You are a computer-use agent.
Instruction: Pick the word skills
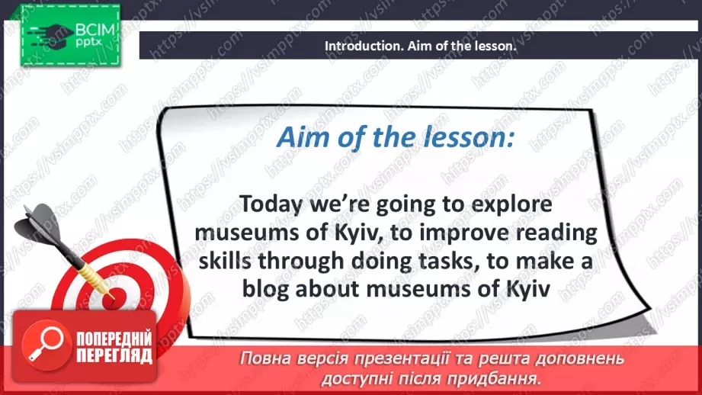pos(225,261)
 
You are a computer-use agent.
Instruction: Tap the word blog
pos(265,289)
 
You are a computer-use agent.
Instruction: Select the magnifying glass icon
pos(46,345)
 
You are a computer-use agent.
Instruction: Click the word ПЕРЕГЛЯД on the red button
pos(114,356)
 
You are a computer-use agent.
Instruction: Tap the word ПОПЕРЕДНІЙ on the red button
pos(114,339)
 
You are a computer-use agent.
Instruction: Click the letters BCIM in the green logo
pos(95,30)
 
